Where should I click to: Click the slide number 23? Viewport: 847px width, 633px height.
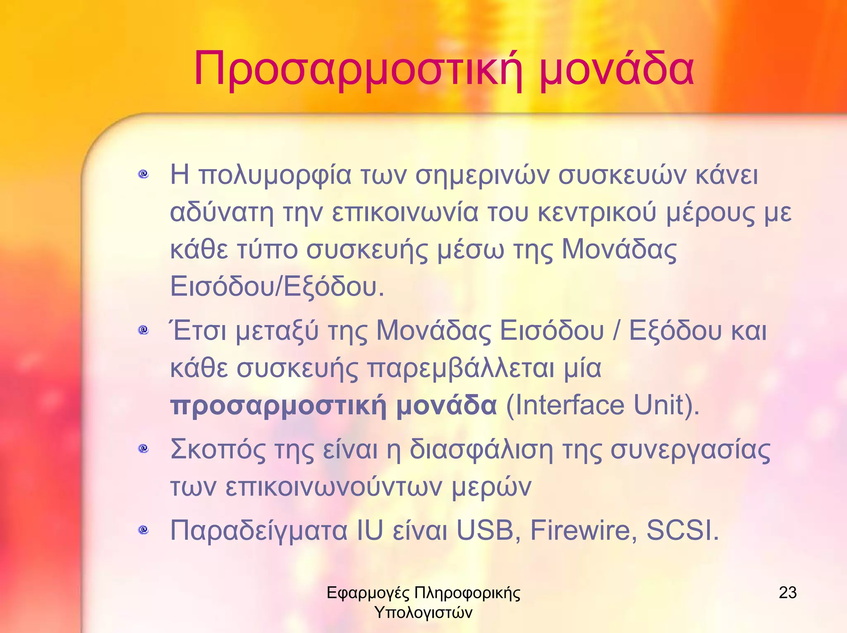click(787, 592)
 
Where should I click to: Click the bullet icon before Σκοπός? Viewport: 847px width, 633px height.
click(144, 448)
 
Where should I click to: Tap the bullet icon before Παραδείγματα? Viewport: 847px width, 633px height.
click(144, 529)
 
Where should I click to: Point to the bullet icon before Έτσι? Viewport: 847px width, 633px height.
click(144, 330)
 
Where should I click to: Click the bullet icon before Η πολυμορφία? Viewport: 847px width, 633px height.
click(144, 174)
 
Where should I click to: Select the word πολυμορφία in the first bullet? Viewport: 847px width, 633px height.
click(275, 176)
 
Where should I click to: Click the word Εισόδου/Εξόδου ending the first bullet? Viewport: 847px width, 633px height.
click(277, 287)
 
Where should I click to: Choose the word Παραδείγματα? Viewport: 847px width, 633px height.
click(259, 530)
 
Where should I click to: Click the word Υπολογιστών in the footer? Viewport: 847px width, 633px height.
click(423, 612)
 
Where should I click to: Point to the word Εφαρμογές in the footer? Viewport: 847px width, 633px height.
click(368, 593)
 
